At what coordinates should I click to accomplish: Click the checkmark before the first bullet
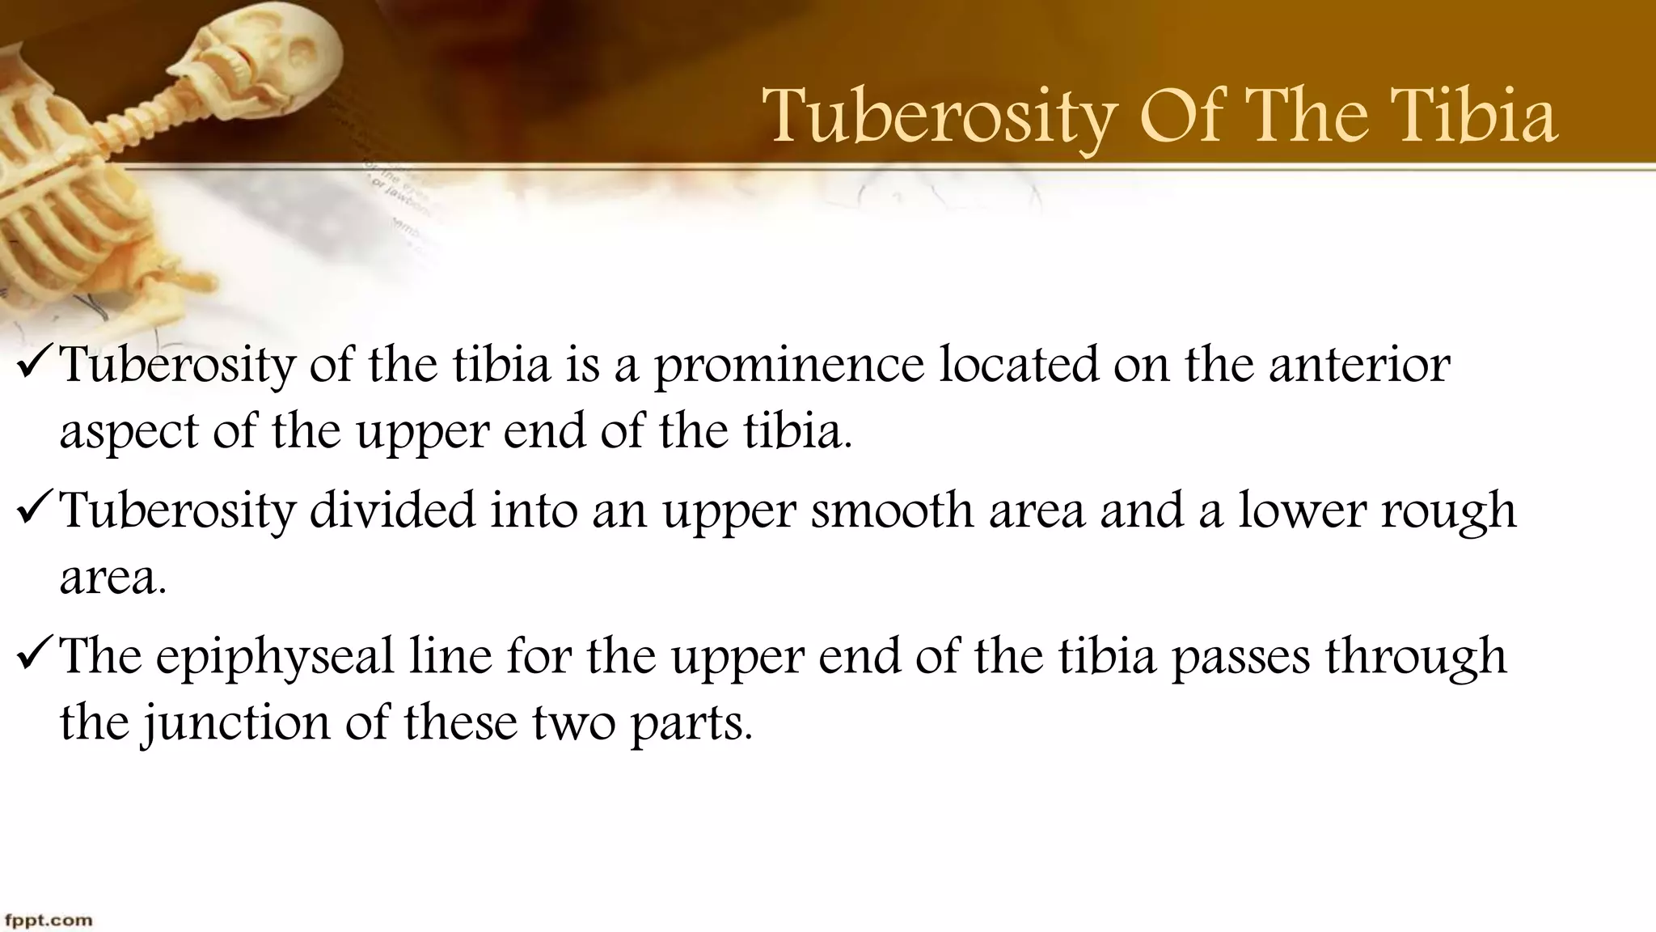click(34, 365)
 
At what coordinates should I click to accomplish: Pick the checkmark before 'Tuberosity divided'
click(34, 510)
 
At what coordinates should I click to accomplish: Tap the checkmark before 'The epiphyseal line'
click(34, 656)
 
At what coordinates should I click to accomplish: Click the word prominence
click(788, 366)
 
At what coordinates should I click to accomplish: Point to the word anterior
click(1358, 365)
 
